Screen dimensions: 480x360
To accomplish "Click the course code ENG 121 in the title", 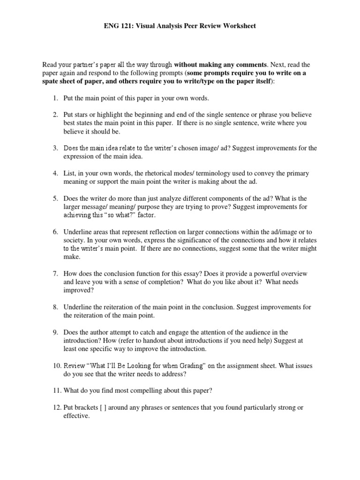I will pyautogui.click(x=118, y=26).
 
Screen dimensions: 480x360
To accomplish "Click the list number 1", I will pyautogui.click(x=55, y=98).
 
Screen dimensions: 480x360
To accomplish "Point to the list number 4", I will pyautogui.click(x=55, y=173).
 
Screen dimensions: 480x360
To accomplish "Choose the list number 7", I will pyautogui.click(x=55, y=273).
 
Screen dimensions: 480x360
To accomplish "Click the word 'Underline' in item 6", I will pyautogui.click(x=78, y=232).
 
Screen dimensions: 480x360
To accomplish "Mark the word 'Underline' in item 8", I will pyautogui.click(x=78, y=307).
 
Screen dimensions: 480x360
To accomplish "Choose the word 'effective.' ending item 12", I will pyautogui.click(x=77, y=416).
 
